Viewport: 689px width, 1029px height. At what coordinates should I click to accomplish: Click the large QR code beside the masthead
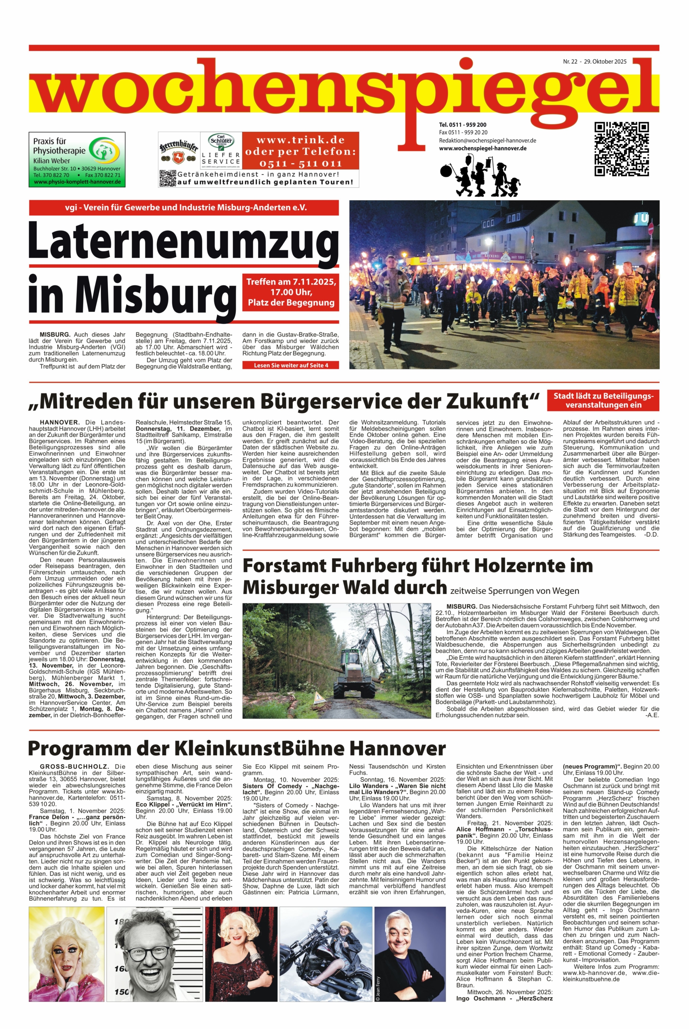point(621,149)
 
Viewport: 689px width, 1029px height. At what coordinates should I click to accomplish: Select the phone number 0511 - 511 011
point(300,164)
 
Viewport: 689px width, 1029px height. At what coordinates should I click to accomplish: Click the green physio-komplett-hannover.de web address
point(77,182)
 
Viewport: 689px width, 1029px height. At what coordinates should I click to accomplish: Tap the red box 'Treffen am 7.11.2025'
point(291,292)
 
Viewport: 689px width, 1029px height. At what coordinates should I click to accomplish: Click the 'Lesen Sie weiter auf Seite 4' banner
point(290,365)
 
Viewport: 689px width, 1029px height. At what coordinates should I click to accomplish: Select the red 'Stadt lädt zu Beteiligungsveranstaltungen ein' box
point(603,400)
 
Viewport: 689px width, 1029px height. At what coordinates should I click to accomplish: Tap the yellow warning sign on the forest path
point(318,696)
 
